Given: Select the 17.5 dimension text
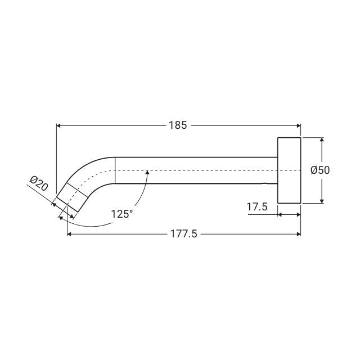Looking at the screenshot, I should [x=256, y=208].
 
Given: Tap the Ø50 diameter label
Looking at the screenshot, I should [x=320, y=170].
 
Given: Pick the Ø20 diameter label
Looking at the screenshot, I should [x=39, y=184].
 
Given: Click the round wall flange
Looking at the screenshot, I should [x=289, y=170].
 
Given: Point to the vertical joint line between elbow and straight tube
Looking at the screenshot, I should [x=115, y=170].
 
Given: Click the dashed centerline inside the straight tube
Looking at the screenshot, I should [x=197, y=170].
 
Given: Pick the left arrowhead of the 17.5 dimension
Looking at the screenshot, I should [x=281, y=214].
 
